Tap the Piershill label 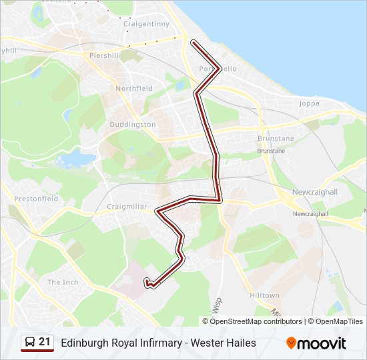pos(104,55)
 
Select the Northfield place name pos(134,88)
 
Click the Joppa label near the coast pos(309,103)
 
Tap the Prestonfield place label pos(36,199)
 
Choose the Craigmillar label pos(127,207)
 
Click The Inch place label pos(62,282)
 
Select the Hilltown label pos(264,295)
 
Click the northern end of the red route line pos(194,43)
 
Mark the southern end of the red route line pos(146,280)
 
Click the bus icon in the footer pos(30,343)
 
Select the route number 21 pos(45,342)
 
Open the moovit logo pos(316,343)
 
